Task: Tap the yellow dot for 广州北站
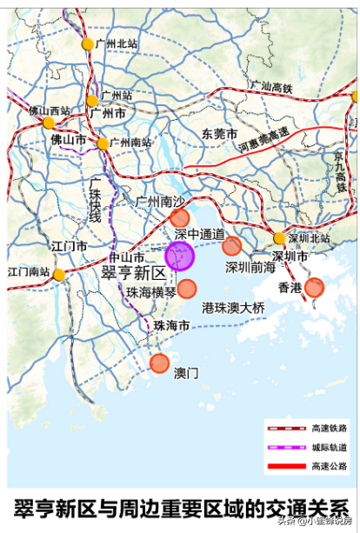[87, 43]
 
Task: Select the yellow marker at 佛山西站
[49, 123]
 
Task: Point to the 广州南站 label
[130, 143]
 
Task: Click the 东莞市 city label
[220, 134]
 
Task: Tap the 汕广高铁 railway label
[272, 86]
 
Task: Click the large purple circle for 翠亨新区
[180, 257]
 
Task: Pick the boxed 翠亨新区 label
[133, 273]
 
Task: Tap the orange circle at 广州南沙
[179, 217]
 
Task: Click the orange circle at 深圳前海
[231, 246]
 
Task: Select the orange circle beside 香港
[314, 287]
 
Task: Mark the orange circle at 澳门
[159, 363]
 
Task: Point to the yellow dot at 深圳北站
[279, 238]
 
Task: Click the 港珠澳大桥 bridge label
[233, 308]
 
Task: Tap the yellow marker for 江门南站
[58, 275]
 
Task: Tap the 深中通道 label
[199, 235]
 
